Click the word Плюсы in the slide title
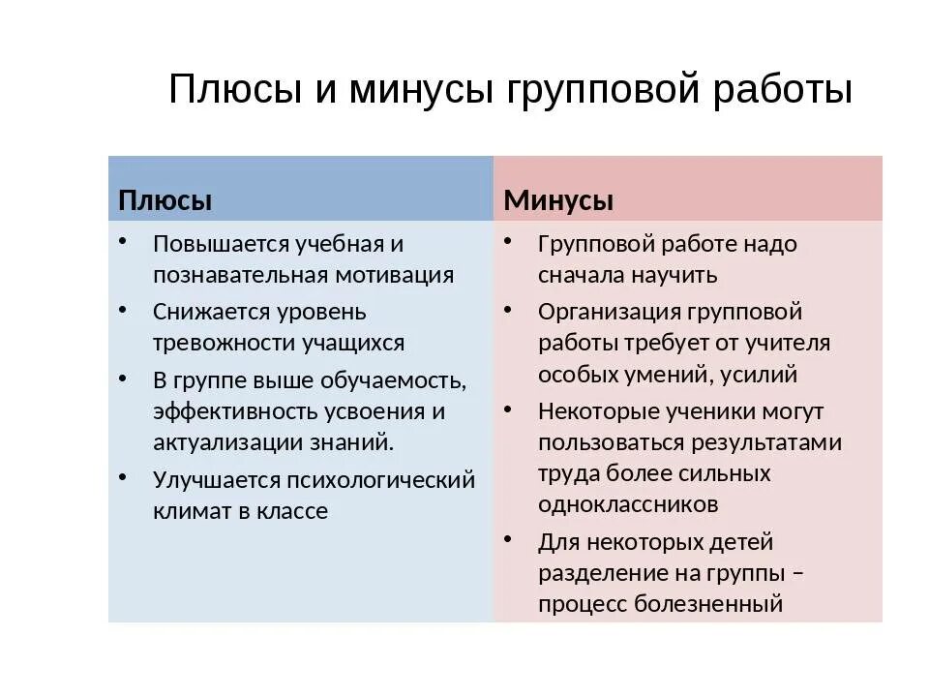point(234,90)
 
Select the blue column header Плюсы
point(165,200)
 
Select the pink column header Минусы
point(558,200)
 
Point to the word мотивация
point(394,274)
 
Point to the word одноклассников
point(628,504)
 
